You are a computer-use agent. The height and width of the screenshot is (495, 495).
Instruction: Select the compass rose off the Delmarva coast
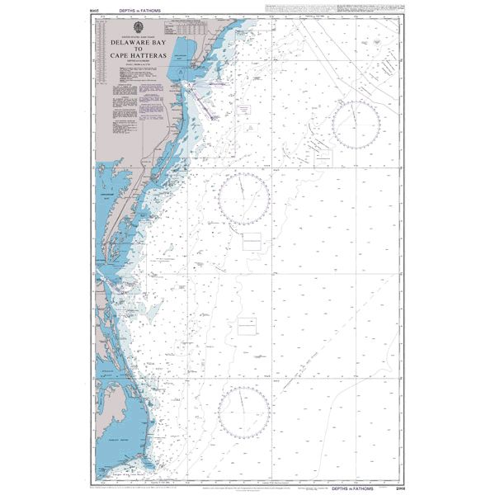[244, 199]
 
